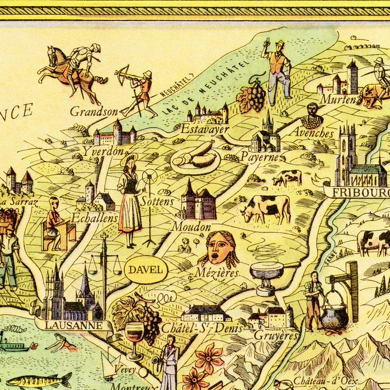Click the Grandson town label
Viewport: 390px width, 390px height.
coord(94,111)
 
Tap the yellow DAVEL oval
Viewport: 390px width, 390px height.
coord(146,269)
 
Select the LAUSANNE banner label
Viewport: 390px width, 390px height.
coord(74,325)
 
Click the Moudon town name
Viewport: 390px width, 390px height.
coord(191,227)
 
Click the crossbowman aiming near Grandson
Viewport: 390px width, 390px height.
coord(138,91)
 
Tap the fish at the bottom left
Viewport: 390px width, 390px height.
coord(39,380)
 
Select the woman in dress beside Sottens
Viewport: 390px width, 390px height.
coord(129,201)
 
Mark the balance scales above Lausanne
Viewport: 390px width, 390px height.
coord(104,265)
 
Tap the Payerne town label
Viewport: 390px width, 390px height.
coord(260,158)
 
